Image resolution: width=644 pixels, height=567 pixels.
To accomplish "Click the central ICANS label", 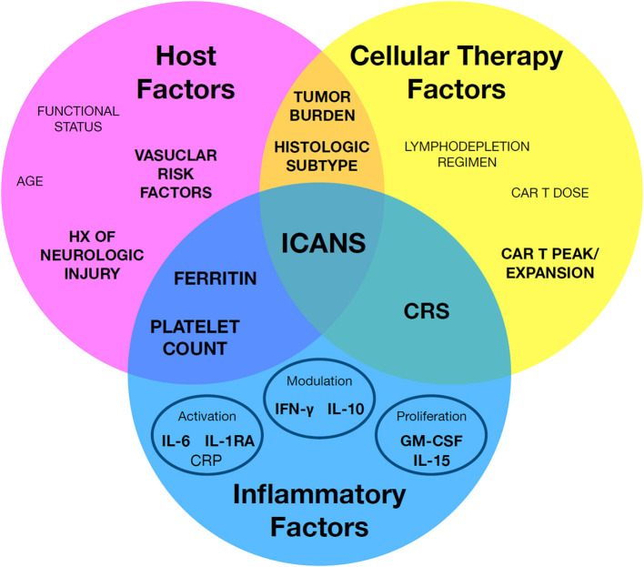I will (322, 243).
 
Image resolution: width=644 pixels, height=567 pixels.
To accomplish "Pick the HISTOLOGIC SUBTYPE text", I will (322, 157).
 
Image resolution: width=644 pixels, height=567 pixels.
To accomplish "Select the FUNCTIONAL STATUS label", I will (78, 118).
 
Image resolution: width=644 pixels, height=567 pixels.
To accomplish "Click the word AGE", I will (30, 181).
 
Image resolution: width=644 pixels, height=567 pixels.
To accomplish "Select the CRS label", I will (426, 312).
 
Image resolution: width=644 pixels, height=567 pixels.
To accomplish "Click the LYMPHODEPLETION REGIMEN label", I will (467, 153).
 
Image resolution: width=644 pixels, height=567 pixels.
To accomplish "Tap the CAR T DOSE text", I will (551, 193).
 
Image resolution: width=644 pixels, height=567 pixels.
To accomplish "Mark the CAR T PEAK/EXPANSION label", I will (548, 263).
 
